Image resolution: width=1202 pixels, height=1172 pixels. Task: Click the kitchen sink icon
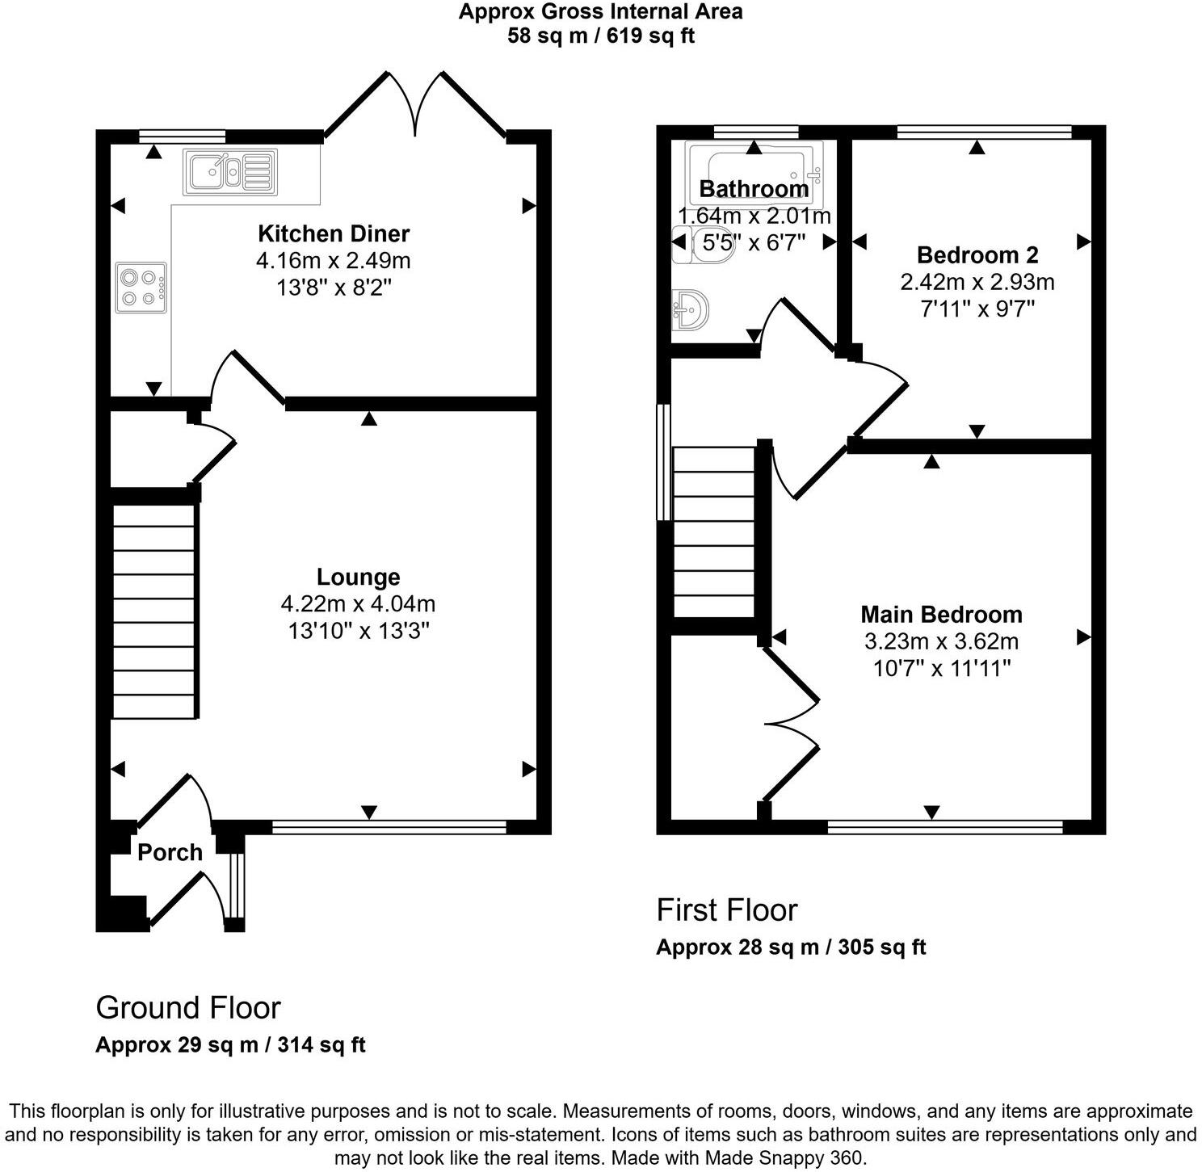(x=230, y=171)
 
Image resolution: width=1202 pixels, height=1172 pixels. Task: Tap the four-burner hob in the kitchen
(x=141, y=288)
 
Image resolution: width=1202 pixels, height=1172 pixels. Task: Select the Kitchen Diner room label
(x=334, y=233)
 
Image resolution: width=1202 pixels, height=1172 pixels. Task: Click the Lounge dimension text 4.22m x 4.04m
(x=358, y=603)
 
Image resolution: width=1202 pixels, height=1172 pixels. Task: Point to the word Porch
(x=170, y=852)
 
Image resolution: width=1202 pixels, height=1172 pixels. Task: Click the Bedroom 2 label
(x=977, y=255)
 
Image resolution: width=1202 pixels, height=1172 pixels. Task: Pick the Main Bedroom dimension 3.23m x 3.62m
(x=941, y=641)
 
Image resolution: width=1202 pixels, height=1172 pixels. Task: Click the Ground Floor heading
(x=188, y=1007)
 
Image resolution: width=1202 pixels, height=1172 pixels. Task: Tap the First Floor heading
(x=726, y=909)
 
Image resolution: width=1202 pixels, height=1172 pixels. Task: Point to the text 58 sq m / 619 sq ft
(x=601, y=36)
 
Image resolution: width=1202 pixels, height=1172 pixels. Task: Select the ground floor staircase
(x=153, y=611)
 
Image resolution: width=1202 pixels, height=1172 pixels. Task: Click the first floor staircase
(x=713, y=533)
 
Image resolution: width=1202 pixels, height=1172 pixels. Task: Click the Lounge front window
(x=389, y=826)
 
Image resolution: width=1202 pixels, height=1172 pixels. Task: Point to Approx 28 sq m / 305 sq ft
(x=790, y=947)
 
